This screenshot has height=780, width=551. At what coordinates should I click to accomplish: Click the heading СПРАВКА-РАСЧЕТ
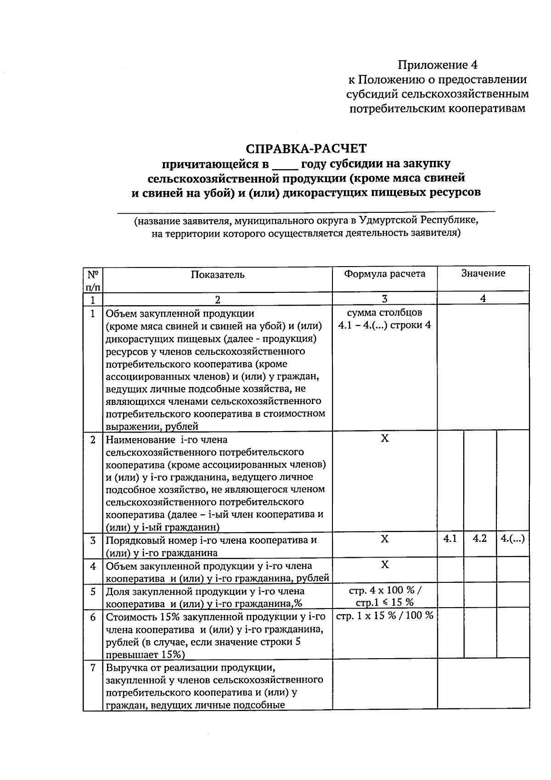coord(306,148)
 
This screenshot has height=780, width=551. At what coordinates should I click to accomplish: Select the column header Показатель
coord(218,275)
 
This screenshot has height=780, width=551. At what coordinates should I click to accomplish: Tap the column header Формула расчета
coord(385,274)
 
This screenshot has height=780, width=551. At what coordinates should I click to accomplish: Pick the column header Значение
coord(483,273)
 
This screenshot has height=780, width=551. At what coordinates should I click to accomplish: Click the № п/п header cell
coord(93,280)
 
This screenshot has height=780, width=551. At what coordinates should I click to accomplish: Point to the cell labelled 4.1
coord(450,539)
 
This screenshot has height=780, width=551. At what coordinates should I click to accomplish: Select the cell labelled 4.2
coord(480,539)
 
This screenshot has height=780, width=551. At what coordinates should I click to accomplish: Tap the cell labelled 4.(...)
coord(513,539)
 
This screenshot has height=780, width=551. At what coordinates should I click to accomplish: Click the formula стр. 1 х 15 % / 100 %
coord(385,616)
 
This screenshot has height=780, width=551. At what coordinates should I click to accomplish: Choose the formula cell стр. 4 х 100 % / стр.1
coord(385,596)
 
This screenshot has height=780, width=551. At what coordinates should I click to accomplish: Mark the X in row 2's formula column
coord(385,438)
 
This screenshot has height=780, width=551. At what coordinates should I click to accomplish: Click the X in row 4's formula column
coord(385,564)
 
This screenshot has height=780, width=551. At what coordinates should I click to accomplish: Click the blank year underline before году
coord(285,164)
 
